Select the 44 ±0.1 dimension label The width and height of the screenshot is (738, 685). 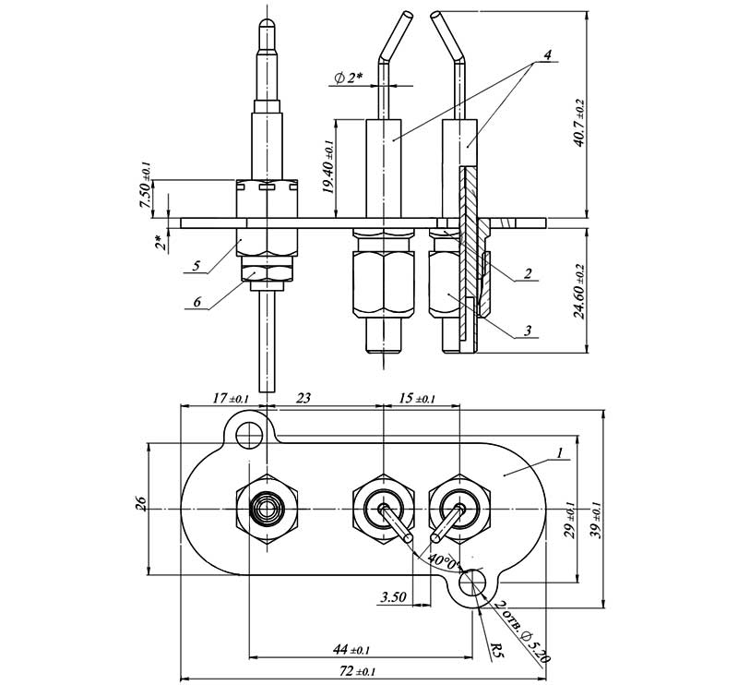point(351,650)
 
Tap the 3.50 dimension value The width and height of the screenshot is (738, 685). point(393,597)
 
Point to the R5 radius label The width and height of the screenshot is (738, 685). point(496,650)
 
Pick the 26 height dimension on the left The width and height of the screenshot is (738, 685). point(142,504)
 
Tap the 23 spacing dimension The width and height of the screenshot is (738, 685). point(304,399)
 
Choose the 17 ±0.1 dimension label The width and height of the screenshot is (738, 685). point(230,399)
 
